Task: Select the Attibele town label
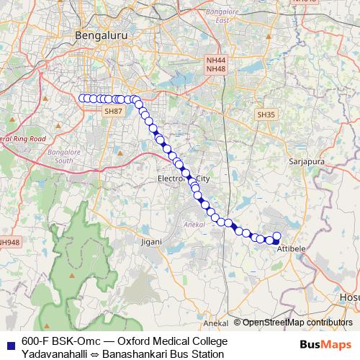(x=291, y=248)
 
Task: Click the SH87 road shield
(x=113, y=111)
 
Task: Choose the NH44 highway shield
(x=215, y=61)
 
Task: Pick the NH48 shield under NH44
(x=215, y=69)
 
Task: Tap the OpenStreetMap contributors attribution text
(x=297, y=323)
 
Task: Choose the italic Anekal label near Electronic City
(x=193, y=225)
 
